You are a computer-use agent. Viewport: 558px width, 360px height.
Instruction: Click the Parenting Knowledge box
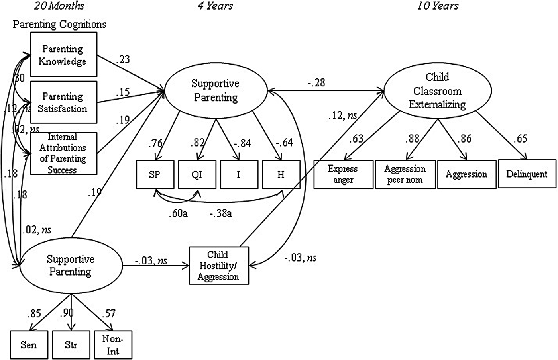(64, 55)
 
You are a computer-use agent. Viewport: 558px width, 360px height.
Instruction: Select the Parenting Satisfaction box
(64, 102)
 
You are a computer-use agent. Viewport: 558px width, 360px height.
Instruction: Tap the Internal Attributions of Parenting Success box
(64, 153)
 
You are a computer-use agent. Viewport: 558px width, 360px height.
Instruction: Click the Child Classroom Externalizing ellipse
(437, 91)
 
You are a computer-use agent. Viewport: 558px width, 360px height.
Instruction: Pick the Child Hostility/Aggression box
(218, 266)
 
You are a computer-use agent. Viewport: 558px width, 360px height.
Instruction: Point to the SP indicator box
(155, 174)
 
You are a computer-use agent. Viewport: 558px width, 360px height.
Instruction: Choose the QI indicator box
(197, 174)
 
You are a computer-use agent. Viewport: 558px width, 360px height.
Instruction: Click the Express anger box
(343, 174)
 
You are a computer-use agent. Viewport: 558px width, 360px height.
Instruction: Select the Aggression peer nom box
(405, 174)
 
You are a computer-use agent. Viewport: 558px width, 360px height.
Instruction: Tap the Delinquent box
(527, 174)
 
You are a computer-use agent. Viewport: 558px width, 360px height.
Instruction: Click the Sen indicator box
(28, 344)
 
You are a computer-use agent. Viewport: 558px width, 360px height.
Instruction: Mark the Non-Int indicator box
(113, 345)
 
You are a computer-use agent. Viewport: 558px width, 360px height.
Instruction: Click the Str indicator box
(71, 344)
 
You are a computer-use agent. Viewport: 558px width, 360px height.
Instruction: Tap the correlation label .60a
(178, 213)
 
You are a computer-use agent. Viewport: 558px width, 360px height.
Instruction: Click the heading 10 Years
(438, 6)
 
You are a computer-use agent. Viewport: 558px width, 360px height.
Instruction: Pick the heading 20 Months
(59, 6)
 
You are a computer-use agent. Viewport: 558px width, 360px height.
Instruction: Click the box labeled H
(281, 174)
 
